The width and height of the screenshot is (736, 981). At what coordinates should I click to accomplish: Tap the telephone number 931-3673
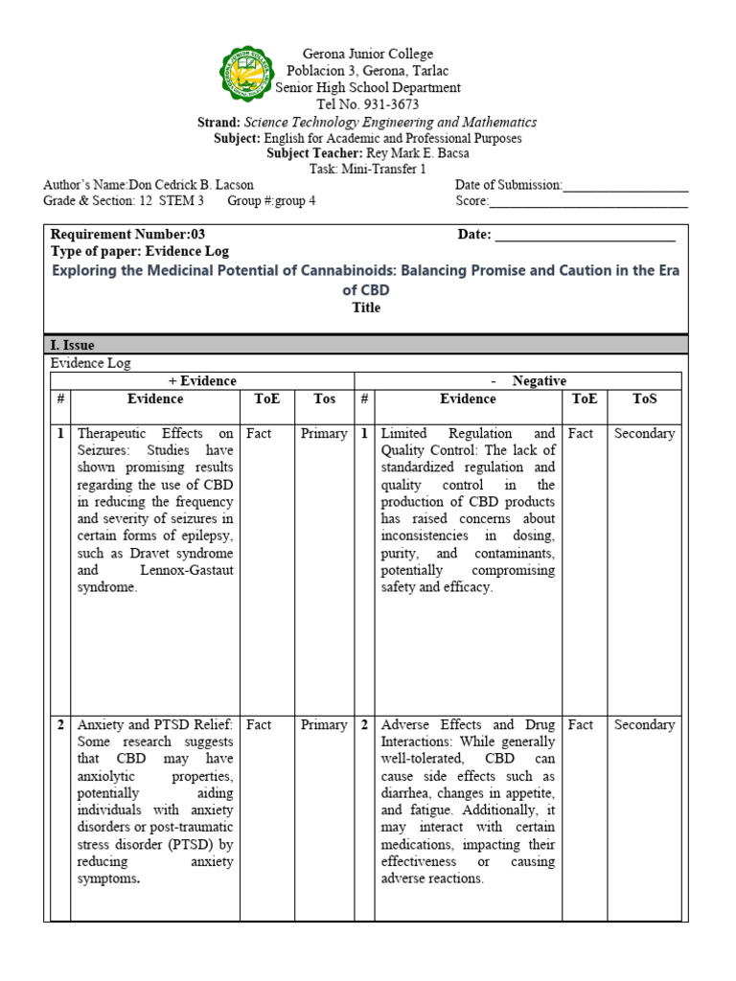(387, 104)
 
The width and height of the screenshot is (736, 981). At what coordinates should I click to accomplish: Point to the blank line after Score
(587, 202)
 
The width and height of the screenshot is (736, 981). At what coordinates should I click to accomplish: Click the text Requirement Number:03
(127, 234)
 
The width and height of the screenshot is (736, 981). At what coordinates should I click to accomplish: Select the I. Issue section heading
(72, 345)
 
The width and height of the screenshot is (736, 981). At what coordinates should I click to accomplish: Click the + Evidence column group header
(202, 381)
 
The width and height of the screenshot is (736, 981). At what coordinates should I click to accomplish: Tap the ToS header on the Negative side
(644, 399)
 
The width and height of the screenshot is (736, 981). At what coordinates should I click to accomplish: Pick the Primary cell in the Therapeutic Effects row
(324, 434)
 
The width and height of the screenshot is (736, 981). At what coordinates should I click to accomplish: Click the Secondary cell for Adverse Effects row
(644, 725)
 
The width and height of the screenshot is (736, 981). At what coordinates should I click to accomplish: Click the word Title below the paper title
(365, 308)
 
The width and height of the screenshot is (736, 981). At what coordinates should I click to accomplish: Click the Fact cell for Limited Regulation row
(581, 434)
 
